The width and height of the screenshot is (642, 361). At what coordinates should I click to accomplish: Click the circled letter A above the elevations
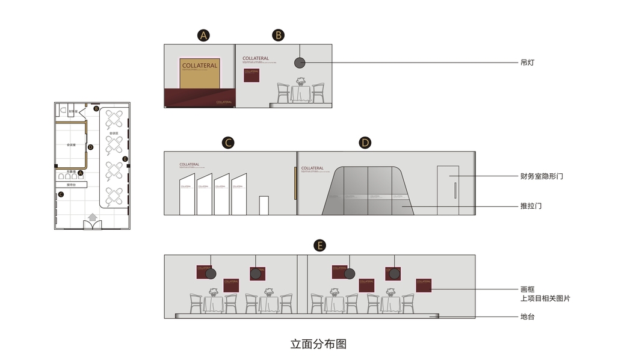(204, 35)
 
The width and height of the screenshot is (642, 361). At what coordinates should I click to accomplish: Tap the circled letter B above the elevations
(278, 35)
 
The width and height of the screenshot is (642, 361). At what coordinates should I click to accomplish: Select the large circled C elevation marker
(227, 143)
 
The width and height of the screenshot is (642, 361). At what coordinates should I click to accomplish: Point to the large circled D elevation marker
(365, 143)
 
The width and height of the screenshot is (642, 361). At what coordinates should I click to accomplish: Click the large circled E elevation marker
(320, 245)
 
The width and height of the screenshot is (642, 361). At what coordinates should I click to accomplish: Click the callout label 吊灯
(526, 63)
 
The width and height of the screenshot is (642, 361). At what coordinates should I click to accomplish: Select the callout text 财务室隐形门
(542, 176)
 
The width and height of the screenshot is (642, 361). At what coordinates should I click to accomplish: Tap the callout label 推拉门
(531, 206)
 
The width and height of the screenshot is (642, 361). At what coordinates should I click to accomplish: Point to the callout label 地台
(526, 316)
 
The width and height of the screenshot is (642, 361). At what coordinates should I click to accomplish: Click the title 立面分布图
(318, 344)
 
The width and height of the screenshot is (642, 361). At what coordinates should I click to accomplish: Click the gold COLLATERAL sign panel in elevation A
(200, 73)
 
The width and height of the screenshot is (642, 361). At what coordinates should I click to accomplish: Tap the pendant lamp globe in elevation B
(299, 63)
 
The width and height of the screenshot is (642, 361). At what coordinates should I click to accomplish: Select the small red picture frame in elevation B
(251, 75)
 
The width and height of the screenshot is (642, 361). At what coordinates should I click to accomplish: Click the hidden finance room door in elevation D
(448, 190)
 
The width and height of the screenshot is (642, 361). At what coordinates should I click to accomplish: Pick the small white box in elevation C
(264, 205)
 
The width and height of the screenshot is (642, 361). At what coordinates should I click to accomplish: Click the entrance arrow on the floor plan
(93, 217)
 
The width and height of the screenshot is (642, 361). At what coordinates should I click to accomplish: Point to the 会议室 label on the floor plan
(71, 145)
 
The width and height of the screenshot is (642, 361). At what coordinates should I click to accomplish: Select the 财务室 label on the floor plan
(73, 111)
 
